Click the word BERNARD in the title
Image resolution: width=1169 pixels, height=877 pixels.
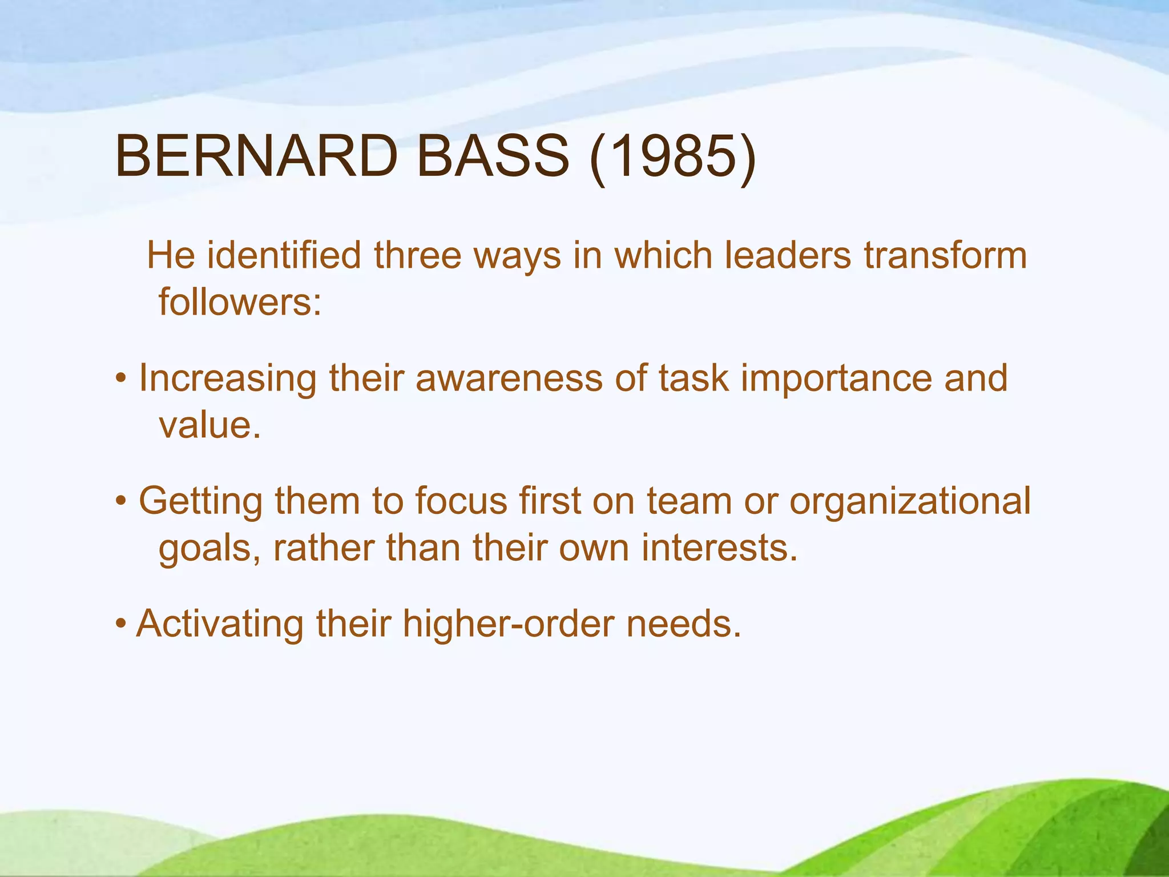(x=256, y=156)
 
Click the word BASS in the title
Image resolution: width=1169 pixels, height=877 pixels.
(x=493, y=156)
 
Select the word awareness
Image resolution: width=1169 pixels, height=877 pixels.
(x=509, y=378)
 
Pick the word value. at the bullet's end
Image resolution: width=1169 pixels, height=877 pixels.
(x=209, y=425)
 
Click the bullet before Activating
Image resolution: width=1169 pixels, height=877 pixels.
(x=120, y=624)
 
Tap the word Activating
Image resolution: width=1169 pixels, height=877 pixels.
(x=220, y=624)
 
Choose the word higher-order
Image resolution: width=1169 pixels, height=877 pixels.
(x=507, y=624)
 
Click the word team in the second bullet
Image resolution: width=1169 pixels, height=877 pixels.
(x=689, y=501)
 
